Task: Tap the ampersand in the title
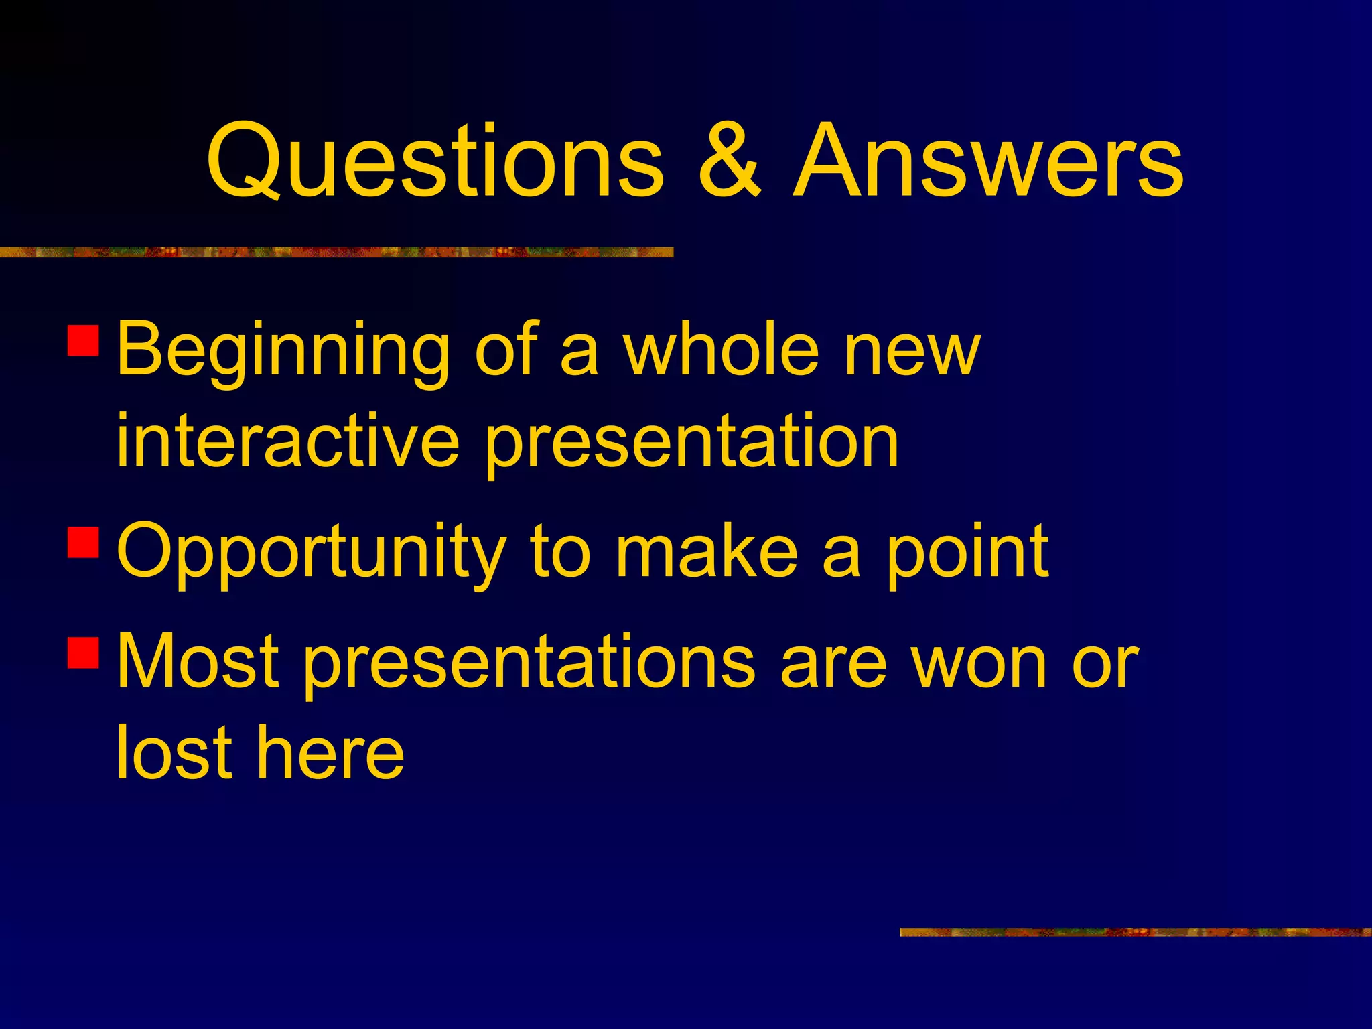729,162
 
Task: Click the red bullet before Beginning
84,340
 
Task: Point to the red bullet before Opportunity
84,542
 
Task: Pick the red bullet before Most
84,653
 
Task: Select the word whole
722,350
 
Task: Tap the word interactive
288,441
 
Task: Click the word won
977,663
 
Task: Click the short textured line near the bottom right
1135,932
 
